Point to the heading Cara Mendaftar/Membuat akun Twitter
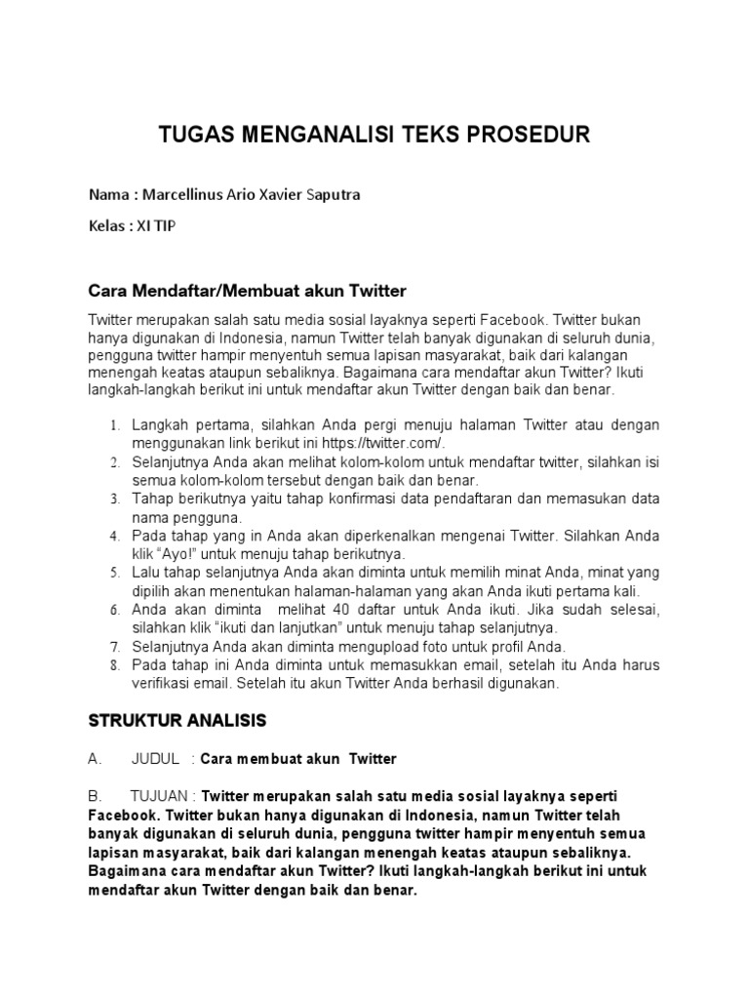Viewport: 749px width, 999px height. coord(247,292)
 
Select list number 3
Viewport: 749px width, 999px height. coord(113,499)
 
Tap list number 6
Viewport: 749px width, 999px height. coord(113,611)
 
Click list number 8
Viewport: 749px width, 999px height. coord(113,666)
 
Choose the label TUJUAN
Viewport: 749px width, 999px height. coord(160,796)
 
